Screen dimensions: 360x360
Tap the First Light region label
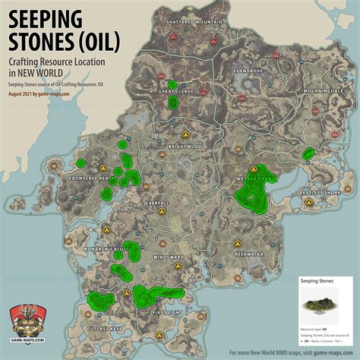[169, 312]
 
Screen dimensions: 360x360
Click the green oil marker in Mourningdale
[308, 154]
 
